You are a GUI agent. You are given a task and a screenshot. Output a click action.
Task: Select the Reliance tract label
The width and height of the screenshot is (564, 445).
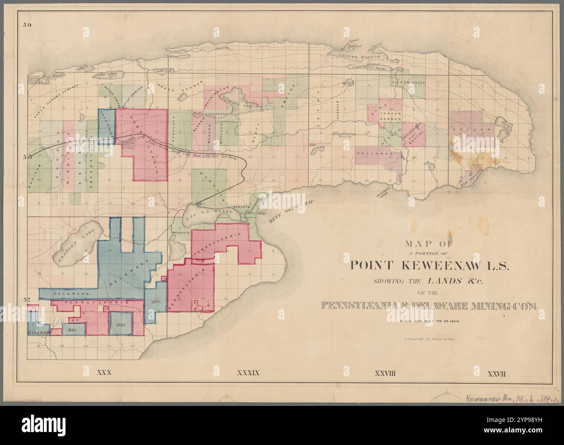[374, 154]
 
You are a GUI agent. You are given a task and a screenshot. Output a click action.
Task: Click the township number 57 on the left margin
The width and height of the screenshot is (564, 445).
[26, 300]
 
